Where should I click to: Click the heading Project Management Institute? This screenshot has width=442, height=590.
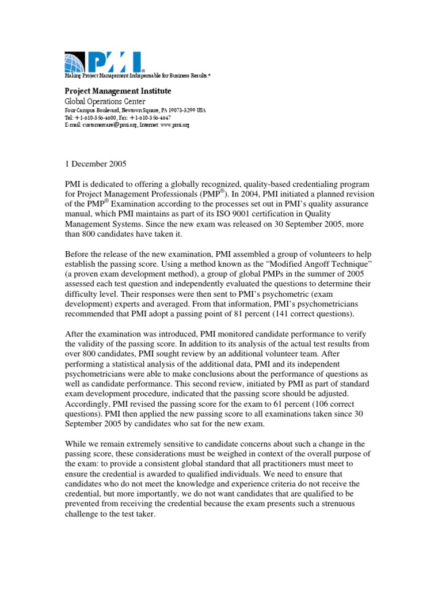pyautogui.click(x=117, y=91)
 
